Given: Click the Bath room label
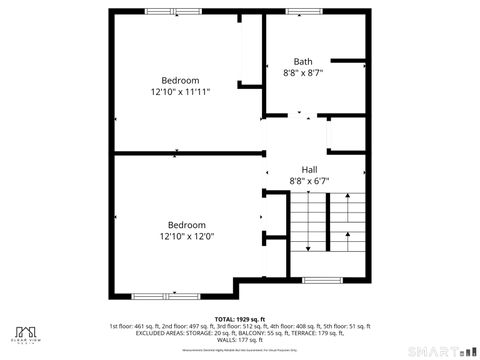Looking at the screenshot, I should click(302, 61).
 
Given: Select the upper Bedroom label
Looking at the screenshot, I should click(180, 80).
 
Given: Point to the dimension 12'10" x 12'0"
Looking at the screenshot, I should click(186, 236).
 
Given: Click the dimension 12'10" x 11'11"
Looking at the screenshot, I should click(180, 91).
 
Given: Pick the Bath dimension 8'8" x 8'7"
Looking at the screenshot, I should click(303, 73).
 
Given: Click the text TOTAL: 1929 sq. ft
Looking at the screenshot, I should click(240, 319).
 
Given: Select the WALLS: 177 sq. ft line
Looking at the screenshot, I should click(240, 339).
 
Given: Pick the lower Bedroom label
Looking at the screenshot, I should click(186, 225).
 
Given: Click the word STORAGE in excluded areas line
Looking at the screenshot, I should click(211, 333).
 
